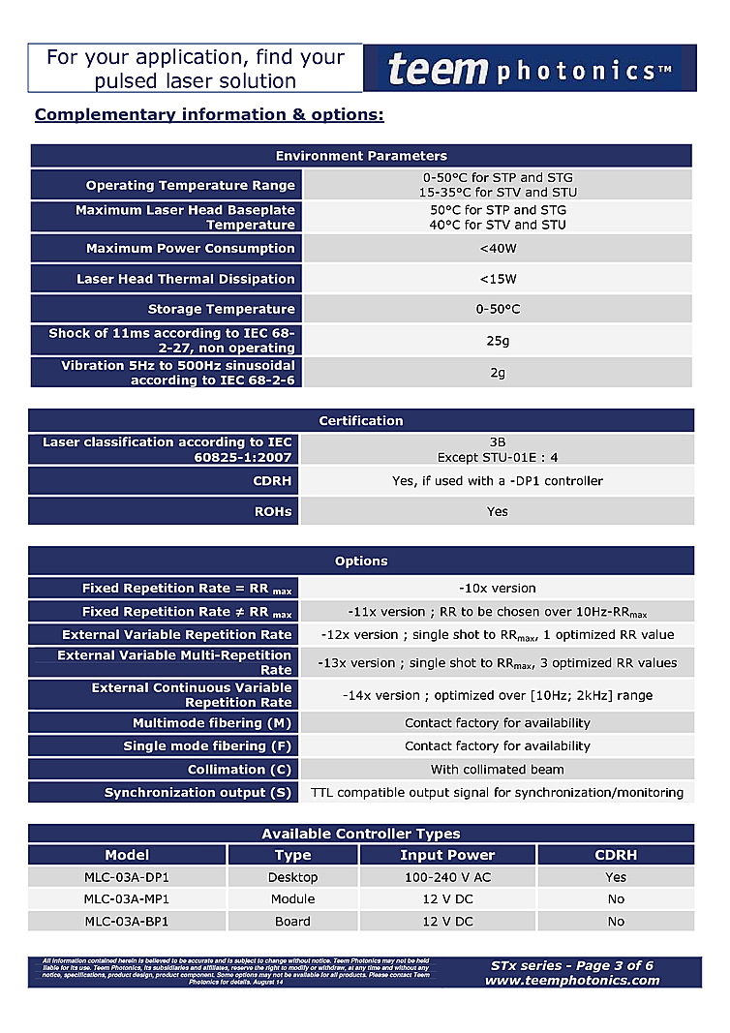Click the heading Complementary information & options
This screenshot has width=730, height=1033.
click(x=209, y=115)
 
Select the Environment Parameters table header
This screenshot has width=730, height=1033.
click(x=361, y=156)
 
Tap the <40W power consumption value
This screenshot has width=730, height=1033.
click(x=497, y=249)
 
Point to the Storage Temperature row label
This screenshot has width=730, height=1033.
click(x=221, y=310)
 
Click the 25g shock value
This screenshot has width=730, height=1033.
click(x=497, y=341)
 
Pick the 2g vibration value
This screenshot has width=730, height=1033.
click(x=497, y=373)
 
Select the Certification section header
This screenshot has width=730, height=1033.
click(x=361, y=421)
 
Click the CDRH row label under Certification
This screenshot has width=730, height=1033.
click(x=275, y=481)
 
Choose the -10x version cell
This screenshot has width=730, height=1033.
click(x=497, y=589)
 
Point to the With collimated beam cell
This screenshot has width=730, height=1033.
click(x=497, y=770)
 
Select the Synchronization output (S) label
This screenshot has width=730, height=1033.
click(x=198, y=793)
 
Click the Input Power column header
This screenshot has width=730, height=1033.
click(x=447, y=855)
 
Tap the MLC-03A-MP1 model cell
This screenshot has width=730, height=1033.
click(x=127, y=899)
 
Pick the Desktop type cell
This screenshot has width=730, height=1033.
click(x=292, y=877)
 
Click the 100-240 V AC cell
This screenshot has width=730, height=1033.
click(x=447, y=877)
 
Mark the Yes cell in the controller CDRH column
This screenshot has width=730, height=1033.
click(x=616, y=877)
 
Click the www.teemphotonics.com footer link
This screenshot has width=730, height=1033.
click(x=572, y=981)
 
